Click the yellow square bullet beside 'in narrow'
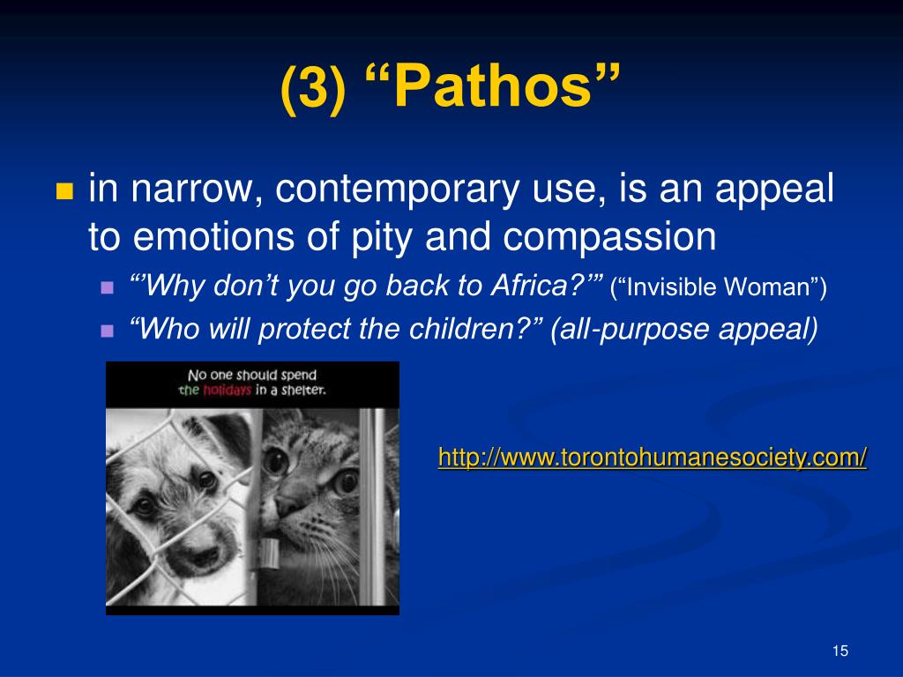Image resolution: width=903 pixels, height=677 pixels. [64, 192]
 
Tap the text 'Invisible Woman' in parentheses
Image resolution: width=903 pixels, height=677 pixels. [719, 287]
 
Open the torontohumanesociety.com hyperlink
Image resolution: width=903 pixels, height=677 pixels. [653, 458]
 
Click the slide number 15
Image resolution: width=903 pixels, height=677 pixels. [840, 651]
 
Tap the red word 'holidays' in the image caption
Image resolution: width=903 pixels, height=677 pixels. [228, 391]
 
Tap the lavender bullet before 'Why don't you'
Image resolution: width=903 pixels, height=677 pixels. [108, 287]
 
